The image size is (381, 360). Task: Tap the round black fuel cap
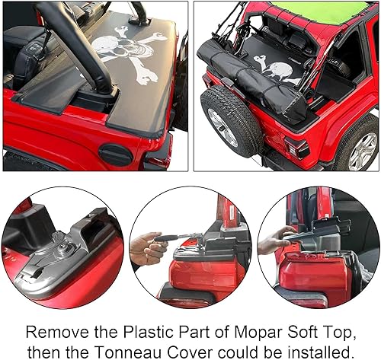click(116, 155)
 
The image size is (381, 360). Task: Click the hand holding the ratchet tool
click(147, 247)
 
